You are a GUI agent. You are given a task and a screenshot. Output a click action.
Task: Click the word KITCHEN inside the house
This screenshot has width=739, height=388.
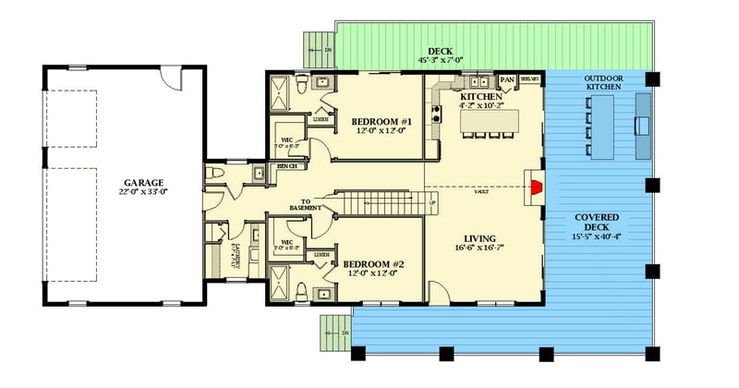[479, 95]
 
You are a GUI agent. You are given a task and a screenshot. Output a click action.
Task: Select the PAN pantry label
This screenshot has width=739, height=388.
[507, 80]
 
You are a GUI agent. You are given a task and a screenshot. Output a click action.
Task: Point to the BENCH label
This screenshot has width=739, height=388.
[286, 166]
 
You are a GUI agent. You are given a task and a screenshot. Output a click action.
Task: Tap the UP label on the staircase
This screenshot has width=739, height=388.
[431, 202]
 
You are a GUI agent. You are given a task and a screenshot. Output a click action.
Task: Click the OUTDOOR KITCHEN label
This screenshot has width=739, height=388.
[603, 82]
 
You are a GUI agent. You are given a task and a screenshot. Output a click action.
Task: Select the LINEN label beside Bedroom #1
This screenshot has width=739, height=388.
[321, 118]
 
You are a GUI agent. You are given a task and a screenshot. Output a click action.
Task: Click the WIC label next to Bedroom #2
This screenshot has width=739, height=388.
[286, 242]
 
